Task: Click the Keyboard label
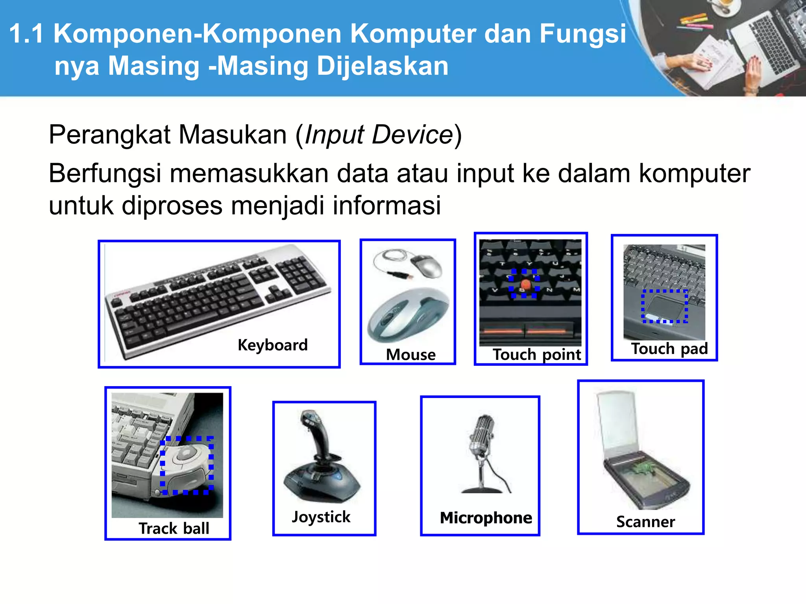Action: point(272,345)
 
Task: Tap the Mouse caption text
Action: point(410,355)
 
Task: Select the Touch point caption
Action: point(536,355)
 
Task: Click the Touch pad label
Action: point(669,349)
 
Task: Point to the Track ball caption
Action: point(174,528)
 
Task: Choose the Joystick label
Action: point(321,517)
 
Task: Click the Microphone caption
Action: point(486,518)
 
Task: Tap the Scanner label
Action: point(645,522)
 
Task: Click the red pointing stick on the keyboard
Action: point(525,284)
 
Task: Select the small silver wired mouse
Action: point(427,265)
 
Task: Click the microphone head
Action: point(483,433)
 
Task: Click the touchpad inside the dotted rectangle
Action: point(665,306)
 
